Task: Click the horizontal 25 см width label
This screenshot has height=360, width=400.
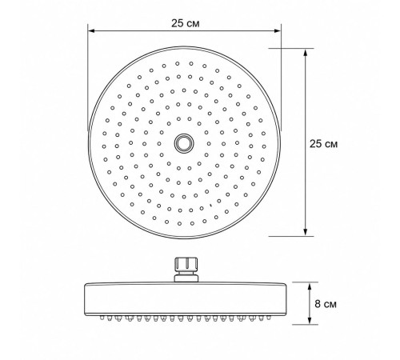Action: (185, 23)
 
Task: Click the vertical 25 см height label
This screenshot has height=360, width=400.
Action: (323, 144)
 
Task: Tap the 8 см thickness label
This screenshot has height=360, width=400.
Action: (326, 304)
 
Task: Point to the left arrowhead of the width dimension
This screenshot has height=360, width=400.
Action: (91, 31)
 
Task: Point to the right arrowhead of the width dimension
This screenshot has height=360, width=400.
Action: (278, 31)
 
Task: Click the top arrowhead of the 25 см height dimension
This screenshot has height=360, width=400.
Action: (306, 52)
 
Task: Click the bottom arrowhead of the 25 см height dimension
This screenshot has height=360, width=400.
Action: (306, 232)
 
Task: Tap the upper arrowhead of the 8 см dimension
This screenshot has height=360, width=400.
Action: (310, 286)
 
